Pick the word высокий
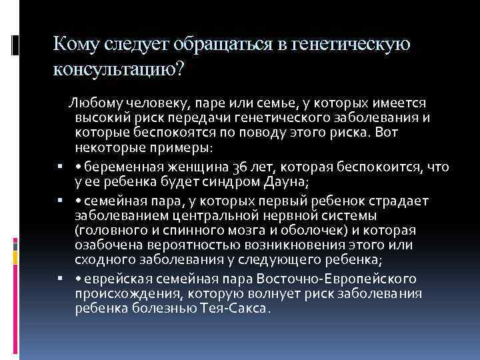pyautogui.click(x=101, y=118)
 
